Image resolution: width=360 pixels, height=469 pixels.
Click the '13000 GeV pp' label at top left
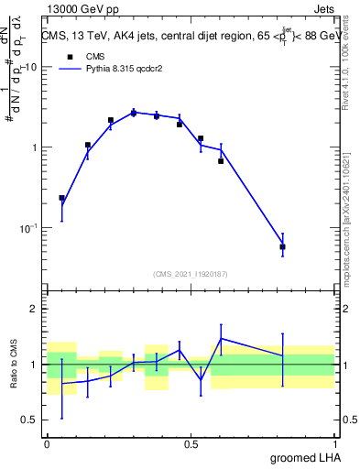point(82,8)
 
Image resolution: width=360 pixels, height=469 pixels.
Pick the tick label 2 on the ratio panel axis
point(34,309)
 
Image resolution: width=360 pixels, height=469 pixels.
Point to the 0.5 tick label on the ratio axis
point(28,420)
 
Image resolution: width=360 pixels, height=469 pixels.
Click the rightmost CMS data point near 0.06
point(282,246)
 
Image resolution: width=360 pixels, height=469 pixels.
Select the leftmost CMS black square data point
point(61,198)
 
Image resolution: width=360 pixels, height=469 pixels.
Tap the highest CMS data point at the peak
point(133,113)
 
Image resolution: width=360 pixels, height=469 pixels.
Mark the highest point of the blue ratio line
point(221,338)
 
